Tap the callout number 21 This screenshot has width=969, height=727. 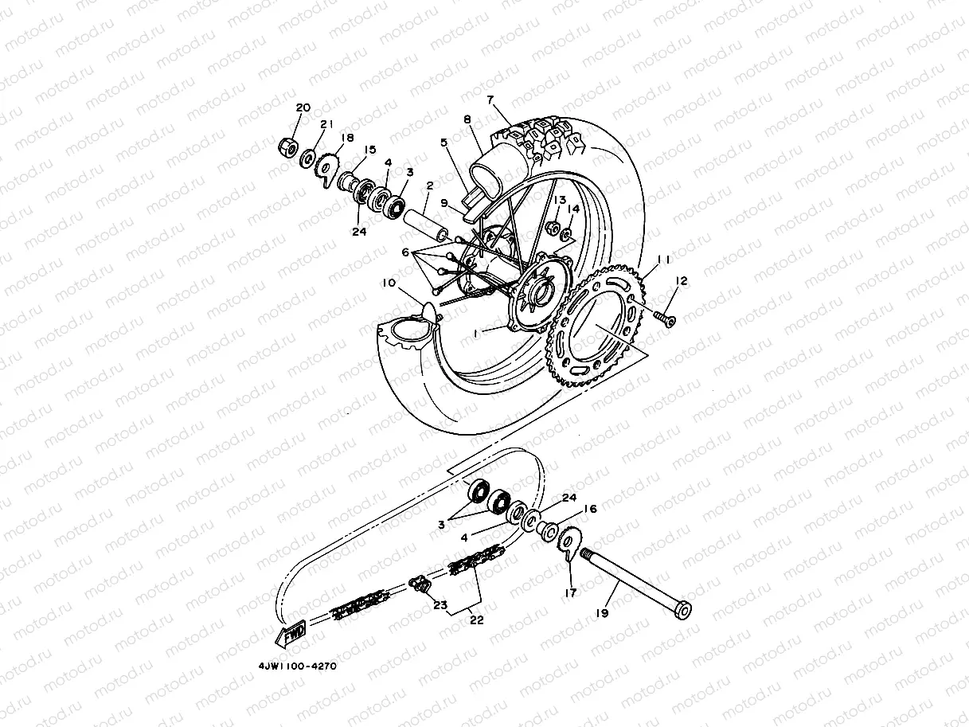pyautogui.click(x=325, y=124)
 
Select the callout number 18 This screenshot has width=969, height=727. pyautogui.click(x=347, y=138)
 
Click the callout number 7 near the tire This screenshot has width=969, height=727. pyautogui.click(x=491, y=100)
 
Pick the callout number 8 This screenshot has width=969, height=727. pyautogui.click(x=467, y=119)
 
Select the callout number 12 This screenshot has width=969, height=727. pyautogui.click(x=681, y=281)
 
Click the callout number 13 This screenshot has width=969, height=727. pyautogui.click(x=561, y=200)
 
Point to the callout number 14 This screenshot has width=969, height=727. pyautogui.click(x=572, y=209)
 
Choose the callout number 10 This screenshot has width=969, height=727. pyautogui.click(x=388, y=283)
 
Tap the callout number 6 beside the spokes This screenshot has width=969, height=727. pyautogui.click(x=405, y=252)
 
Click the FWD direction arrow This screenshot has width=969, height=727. pyautogui.click(x=291, y=635)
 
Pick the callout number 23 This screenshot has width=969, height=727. pyautogui.click(x=440, y=604)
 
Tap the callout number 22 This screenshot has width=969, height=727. pyautogui.click(x=477, y=621)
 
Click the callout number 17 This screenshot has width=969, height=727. pyautogui.click(x=570, y=592)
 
